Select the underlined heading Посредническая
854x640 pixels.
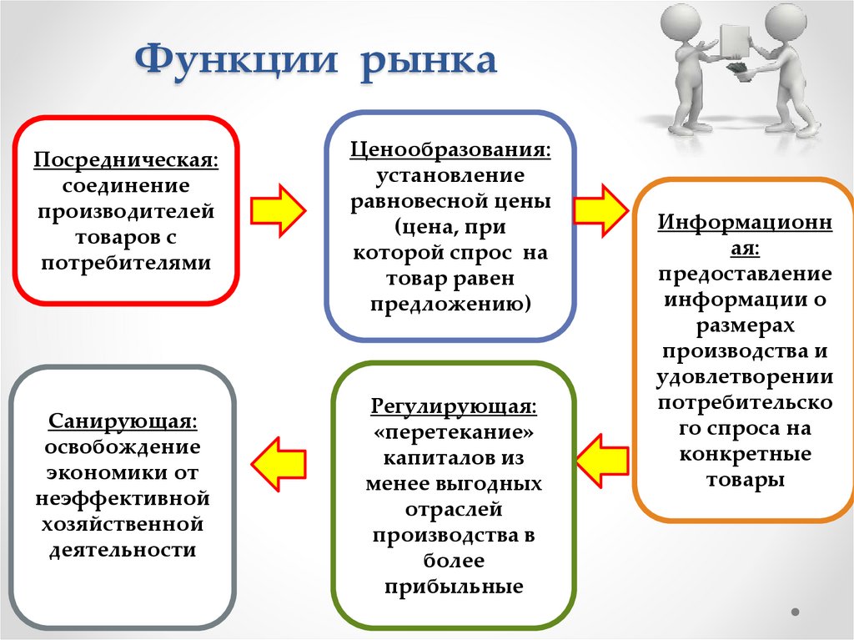[x=125, y=159]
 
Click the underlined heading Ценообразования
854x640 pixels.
[x=450, y=151]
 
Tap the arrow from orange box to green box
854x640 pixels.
[x=601, y=459]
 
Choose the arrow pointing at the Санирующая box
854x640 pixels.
[x=277, y=464]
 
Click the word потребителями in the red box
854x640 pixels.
[x=125, y=264]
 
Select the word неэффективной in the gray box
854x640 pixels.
[x=123, y=499]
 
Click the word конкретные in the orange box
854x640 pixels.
[x=746, y=456]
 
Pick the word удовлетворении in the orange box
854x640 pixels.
[x=746, y=378]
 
